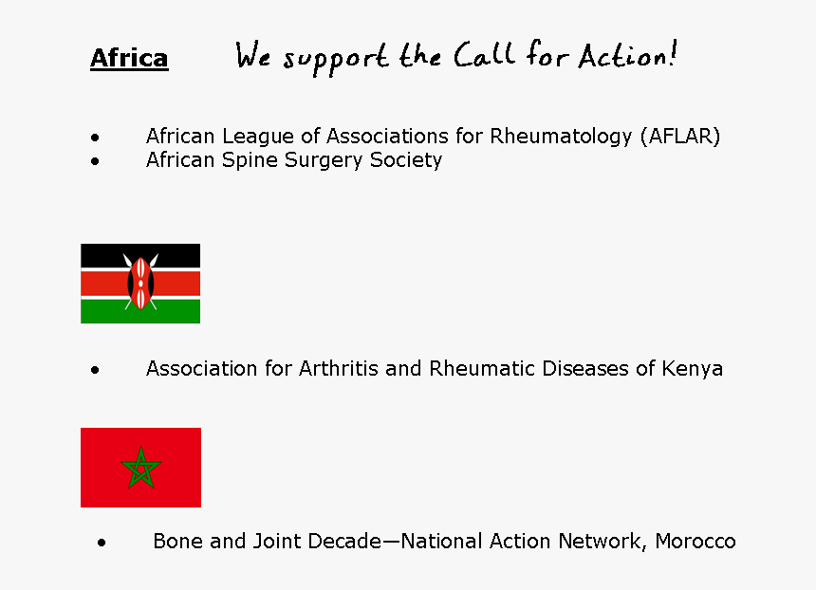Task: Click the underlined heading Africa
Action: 129,59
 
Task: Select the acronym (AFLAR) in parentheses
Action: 679,136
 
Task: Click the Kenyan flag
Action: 140,284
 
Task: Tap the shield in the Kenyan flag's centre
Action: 140,284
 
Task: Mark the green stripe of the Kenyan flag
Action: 104,312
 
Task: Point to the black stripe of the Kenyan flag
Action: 104,254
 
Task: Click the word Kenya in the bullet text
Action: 693,368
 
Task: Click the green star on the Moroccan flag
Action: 140,468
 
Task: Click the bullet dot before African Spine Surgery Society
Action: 95,161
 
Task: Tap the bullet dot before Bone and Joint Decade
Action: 102,543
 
